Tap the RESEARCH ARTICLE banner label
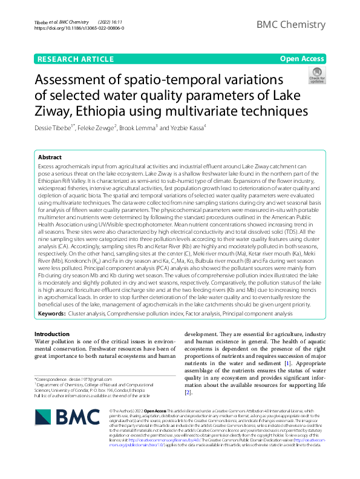coord(75,59)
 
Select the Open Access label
coord(302,59)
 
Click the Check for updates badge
coord(316,76)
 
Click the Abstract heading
coord(50,157)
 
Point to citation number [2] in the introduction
coord(188,393)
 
